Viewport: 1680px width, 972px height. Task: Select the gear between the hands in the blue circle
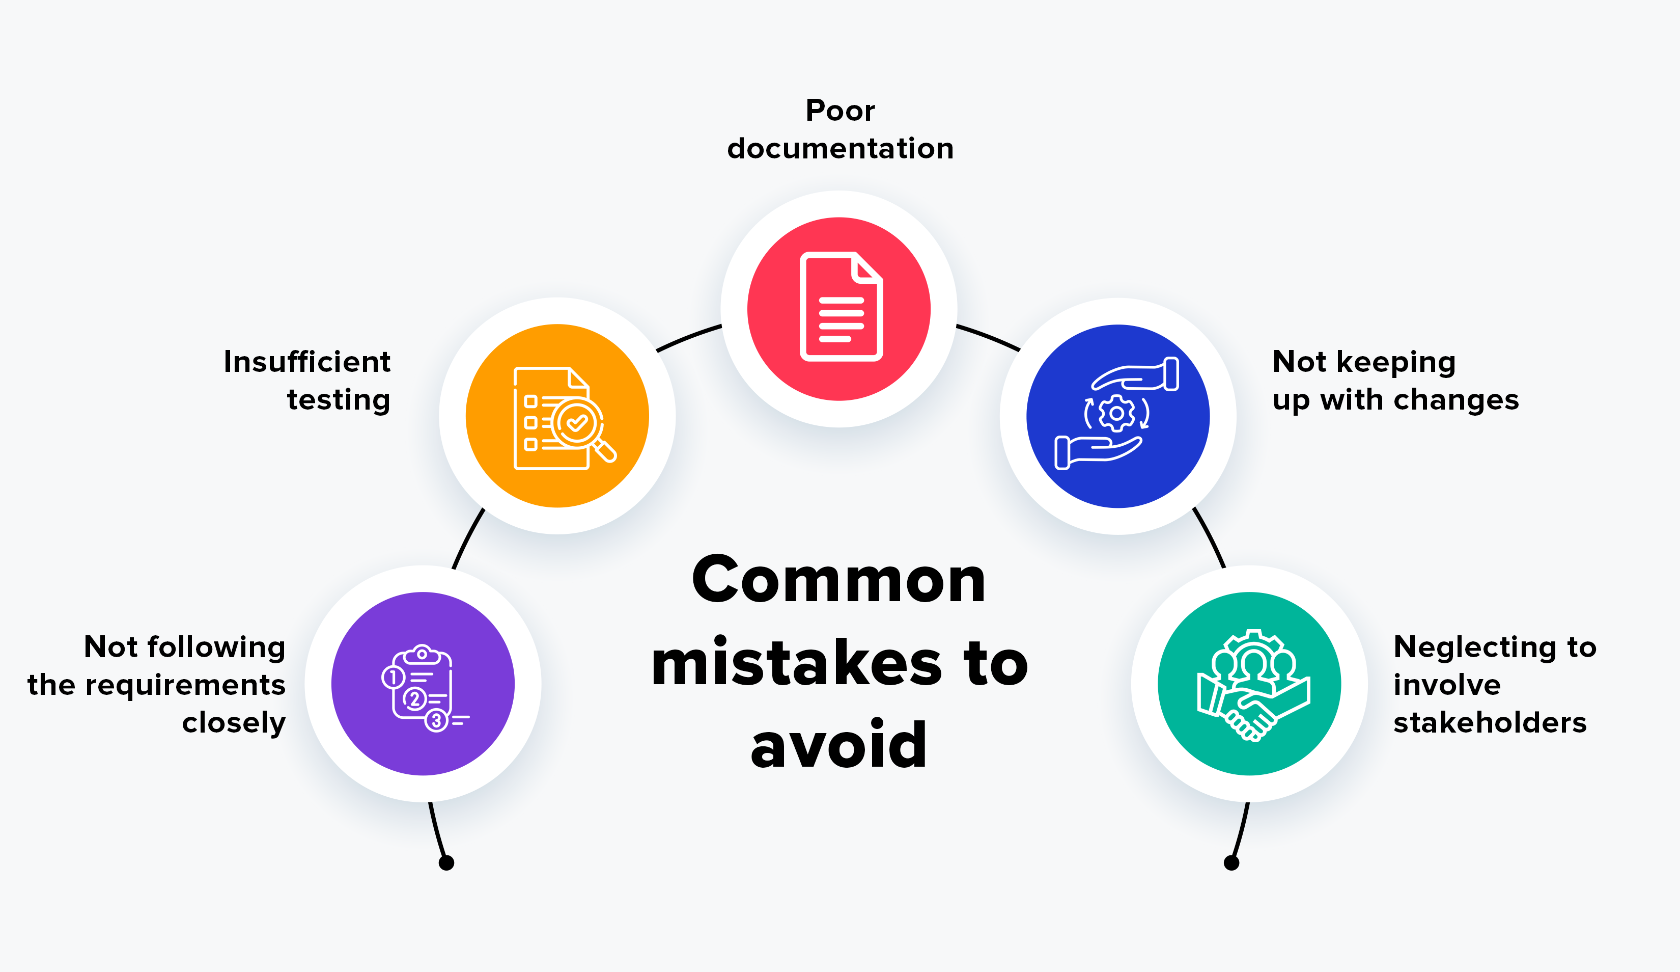[1116, 414]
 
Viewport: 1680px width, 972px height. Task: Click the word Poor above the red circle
[840, 111]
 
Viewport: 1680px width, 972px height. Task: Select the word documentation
[840, 149]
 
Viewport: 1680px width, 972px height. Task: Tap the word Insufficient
[306, 362]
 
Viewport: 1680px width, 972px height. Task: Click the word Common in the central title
[838, 580]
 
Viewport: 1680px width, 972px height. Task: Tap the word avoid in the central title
[838, 745]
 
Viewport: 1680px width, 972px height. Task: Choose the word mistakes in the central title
[797, 663]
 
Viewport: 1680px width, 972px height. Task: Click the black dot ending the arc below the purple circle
[446, 862]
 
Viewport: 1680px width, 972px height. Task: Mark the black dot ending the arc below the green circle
[1231, 862]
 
